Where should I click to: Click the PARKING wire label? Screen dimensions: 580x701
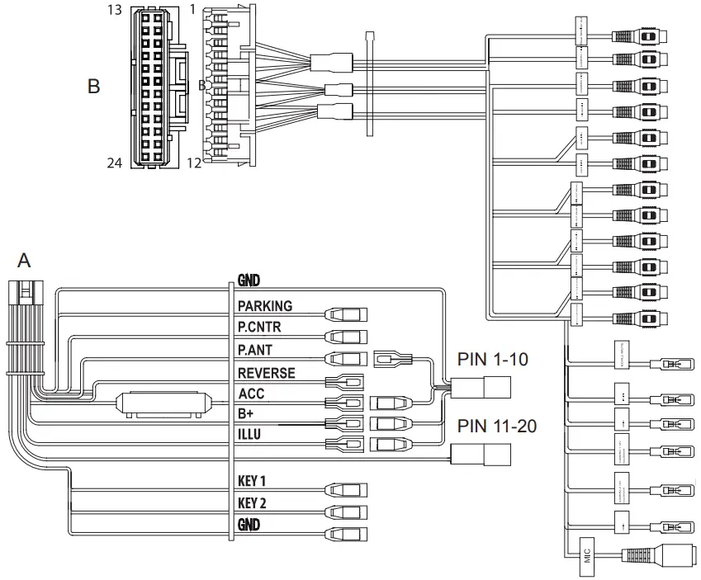pyautogui.click(x=264, y=306)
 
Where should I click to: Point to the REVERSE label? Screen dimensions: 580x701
pyautogui.click(x=266, y=373)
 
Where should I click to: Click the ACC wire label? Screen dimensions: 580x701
pyautogui.click(x=251, y=394)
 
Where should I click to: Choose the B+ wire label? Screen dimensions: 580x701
pyautogui.click(x=246, y=413)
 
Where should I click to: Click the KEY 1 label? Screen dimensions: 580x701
pyautogui.click(x=258, y=481)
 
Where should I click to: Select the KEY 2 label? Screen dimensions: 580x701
pyautogui.click(x=258, y=502)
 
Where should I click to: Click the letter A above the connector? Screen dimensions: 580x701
pyautogui.click(x=24, y=261)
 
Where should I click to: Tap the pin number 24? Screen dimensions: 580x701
pyautogui.click(x=114, y=163)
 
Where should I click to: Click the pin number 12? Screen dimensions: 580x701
pyautogui.click(x=194, y=163)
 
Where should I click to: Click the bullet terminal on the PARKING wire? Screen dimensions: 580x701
pyautogui.click(x=347, y=314)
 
